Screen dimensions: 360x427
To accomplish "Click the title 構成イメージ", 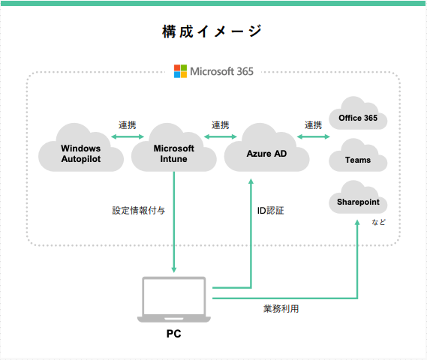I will (x=212, y=31).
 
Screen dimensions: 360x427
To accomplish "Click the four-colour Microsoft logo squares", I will (x=181, y=71).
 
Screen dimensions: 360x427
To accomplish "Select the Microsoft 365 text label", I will (x=221, y=72).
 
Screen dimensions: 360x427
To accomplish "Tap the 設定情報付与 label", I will (x=138, y=211).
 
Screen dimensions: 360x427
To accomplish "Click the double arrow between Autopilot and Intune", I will (x=128, y=136).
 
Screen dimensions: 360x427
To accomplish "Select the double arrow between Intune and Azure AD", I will (x=221, y=136).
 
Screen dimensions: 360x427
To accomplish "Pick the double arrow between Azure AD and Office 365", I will (x=314, y=136).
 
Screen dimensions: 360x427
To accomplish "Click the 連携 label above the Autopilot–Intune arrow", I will (x=128, y=124).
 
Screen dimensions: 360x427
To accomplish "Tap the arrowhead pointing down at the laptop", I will (x=174, y=268).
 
